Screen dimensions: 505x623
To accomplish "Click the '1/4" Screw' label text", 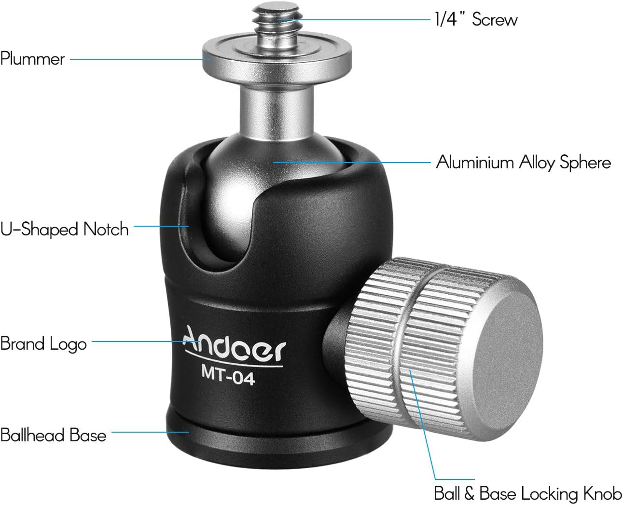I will pyautogui.click(x=476, y=19).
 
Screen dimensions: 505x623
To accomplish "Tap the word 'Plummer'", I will pyautogui.click(x=32, y=59).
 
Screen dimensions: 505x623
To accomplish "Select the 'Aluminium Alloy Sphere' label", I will pyautogui.click(x=523, y=163).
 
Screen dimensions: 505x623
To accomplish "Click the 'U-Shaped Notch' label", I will pyautogui.click(x=64, y=229).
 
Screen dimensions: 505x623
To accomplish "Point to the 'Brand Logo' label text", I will pyautogui.click(x=43, y=344).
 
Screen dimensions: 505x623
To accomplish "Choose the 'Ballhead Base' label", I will pyautogui.click(x=53, y=435).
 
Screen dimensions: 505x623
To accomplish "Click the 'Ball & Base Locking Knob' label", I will pyautogui.click(x=527, y=493).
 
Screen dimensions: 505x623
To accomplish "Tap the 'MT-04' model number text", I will pyautogui.click(x=227, y=376).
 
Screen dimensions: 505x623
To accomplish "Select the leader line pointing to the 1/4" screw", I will pyautogui.click(x=352, y=20).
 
